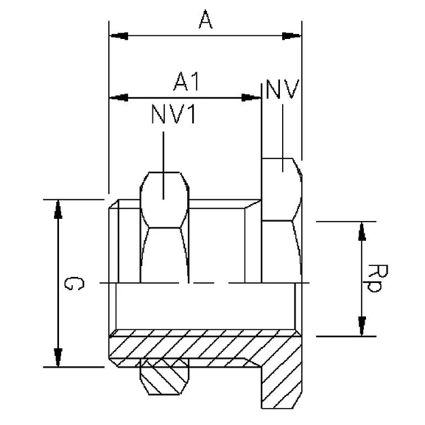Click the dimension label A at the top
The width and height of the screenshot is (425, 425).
(x=206, y=21)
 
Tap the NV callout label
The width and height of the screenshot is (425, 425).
(x=281, y=91)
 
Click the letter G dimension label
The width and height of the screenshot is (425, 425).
(x=69, y=284)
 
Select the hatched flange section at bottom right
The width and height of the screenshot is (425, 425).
(x=284, y=376)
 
